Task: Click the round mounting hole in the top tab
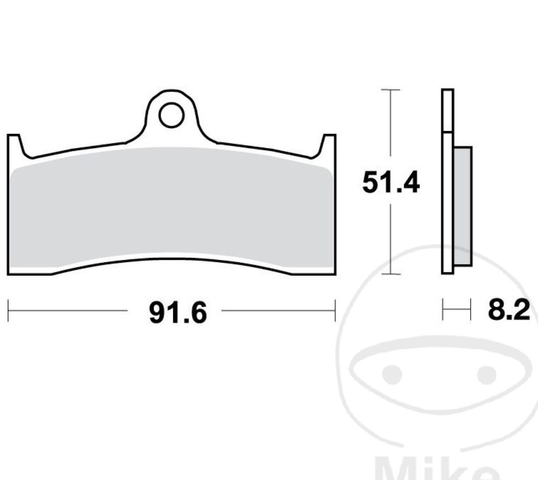171,115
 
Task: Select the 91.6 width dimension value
177,313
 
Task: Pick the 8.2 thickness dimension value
509,310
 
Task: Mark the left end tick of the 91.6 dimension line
8,311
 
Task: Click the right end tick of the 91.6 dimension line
335,311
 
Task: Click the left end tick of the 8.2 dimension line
442,310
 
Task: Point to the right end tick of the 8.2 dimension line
470,310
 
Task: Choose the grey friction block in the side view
463,206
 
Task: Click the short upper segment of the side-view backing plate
448,110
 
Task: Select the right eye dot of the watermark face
486,374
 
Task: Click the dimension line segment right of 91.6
278,310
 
